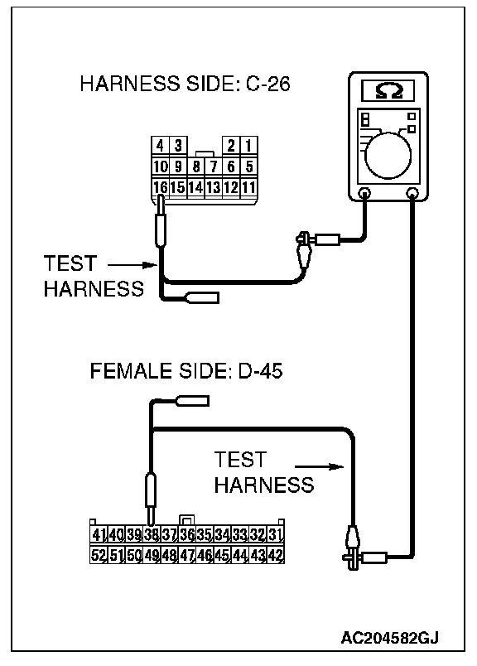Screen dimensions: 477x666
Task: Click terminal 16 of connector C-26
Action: coord(160,187)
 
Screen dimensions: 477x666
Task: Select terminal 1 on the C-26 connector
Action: coord(248,146)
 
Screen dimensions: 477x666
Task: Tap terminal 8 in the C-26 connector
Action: coord(195,166)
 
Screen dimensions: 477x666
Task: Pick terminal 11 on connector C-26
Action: coord(248,187)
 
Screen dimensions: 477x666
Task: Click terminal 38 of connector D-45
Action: coord(152,534)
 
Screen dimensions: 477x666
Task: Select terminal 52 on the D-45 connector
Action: coord(98,555)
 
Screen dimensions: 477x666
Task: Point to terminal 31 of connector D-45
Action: coord(275,534)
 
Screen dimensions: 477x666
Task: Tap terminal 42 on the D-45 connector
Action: coord(275,555)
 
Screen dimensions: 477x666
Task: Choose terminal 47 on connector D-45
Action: coord(186,555)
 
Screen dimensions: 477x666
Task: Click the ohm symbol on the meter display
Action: coord(388,91)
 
